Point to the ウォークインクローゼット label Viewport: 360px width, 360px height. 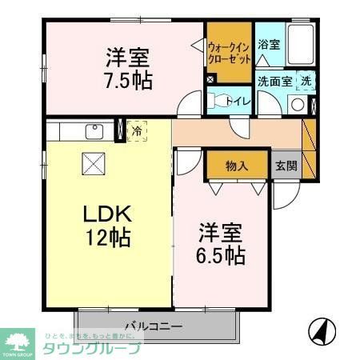point(230,53)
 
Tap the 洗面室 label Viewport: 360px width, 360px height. point(275,80)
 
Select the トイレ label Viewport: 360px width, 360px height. point(238,102)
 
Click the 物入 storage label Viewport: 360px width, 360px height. point(236,166)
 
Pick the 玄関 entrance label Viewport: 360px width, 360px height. point(286,166)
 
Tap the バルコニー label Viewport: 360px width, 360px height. point(153,326)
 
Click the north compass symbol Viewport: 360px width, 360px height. point(321,330)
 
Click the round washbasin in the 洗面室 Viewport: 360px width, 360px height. point(297,104)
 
